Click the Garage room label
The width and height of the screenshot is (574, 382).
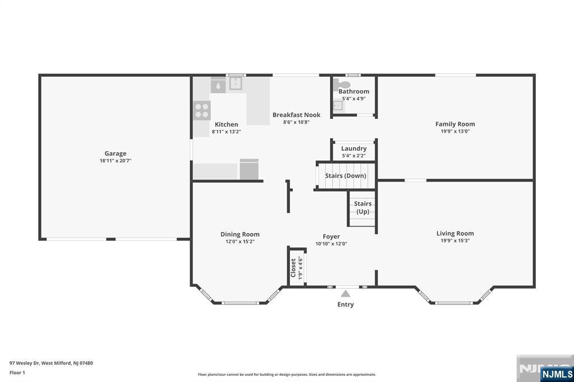click(115, 153)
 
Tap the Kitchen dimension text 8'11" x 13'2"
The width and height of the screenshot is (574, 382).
click(226, 132)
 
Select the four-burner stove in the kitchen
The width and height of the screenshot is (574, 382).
click(202, 110)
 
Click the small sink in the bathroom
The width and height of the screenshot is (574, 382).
click(338, 106)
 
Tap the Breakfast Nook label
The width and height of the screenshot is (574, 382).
click(296, 115)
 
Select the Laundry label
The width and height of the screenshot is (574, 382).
click(354, 148)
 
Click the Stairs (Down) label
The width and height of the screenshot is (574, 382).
click(345, 176)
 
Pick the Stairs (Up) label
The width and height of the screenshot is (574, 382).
click(363, 207)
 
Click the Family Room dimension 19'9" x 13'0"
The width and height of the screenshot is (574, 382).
click(455, 132)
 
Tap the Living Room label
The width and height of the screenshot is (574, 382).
click(455, 234)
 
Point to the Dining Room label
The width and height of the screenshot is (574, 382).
click(240, 234)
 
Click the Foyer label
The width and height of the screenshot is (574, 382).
click(331, 237)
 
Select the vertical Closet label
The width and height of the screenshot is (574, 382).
click(293, 268)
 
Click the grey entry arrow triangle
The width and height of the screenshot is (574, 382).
click(345, 294)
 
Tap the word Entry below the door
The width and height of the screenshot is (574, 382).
click(345, 305)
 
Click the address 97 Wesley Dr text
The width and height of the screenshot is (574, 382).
click(24, 364)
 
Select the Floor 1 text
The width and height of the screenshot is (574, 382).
click(17, 373)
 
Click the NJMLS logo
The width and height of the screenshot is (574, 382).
click(557, 374)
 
